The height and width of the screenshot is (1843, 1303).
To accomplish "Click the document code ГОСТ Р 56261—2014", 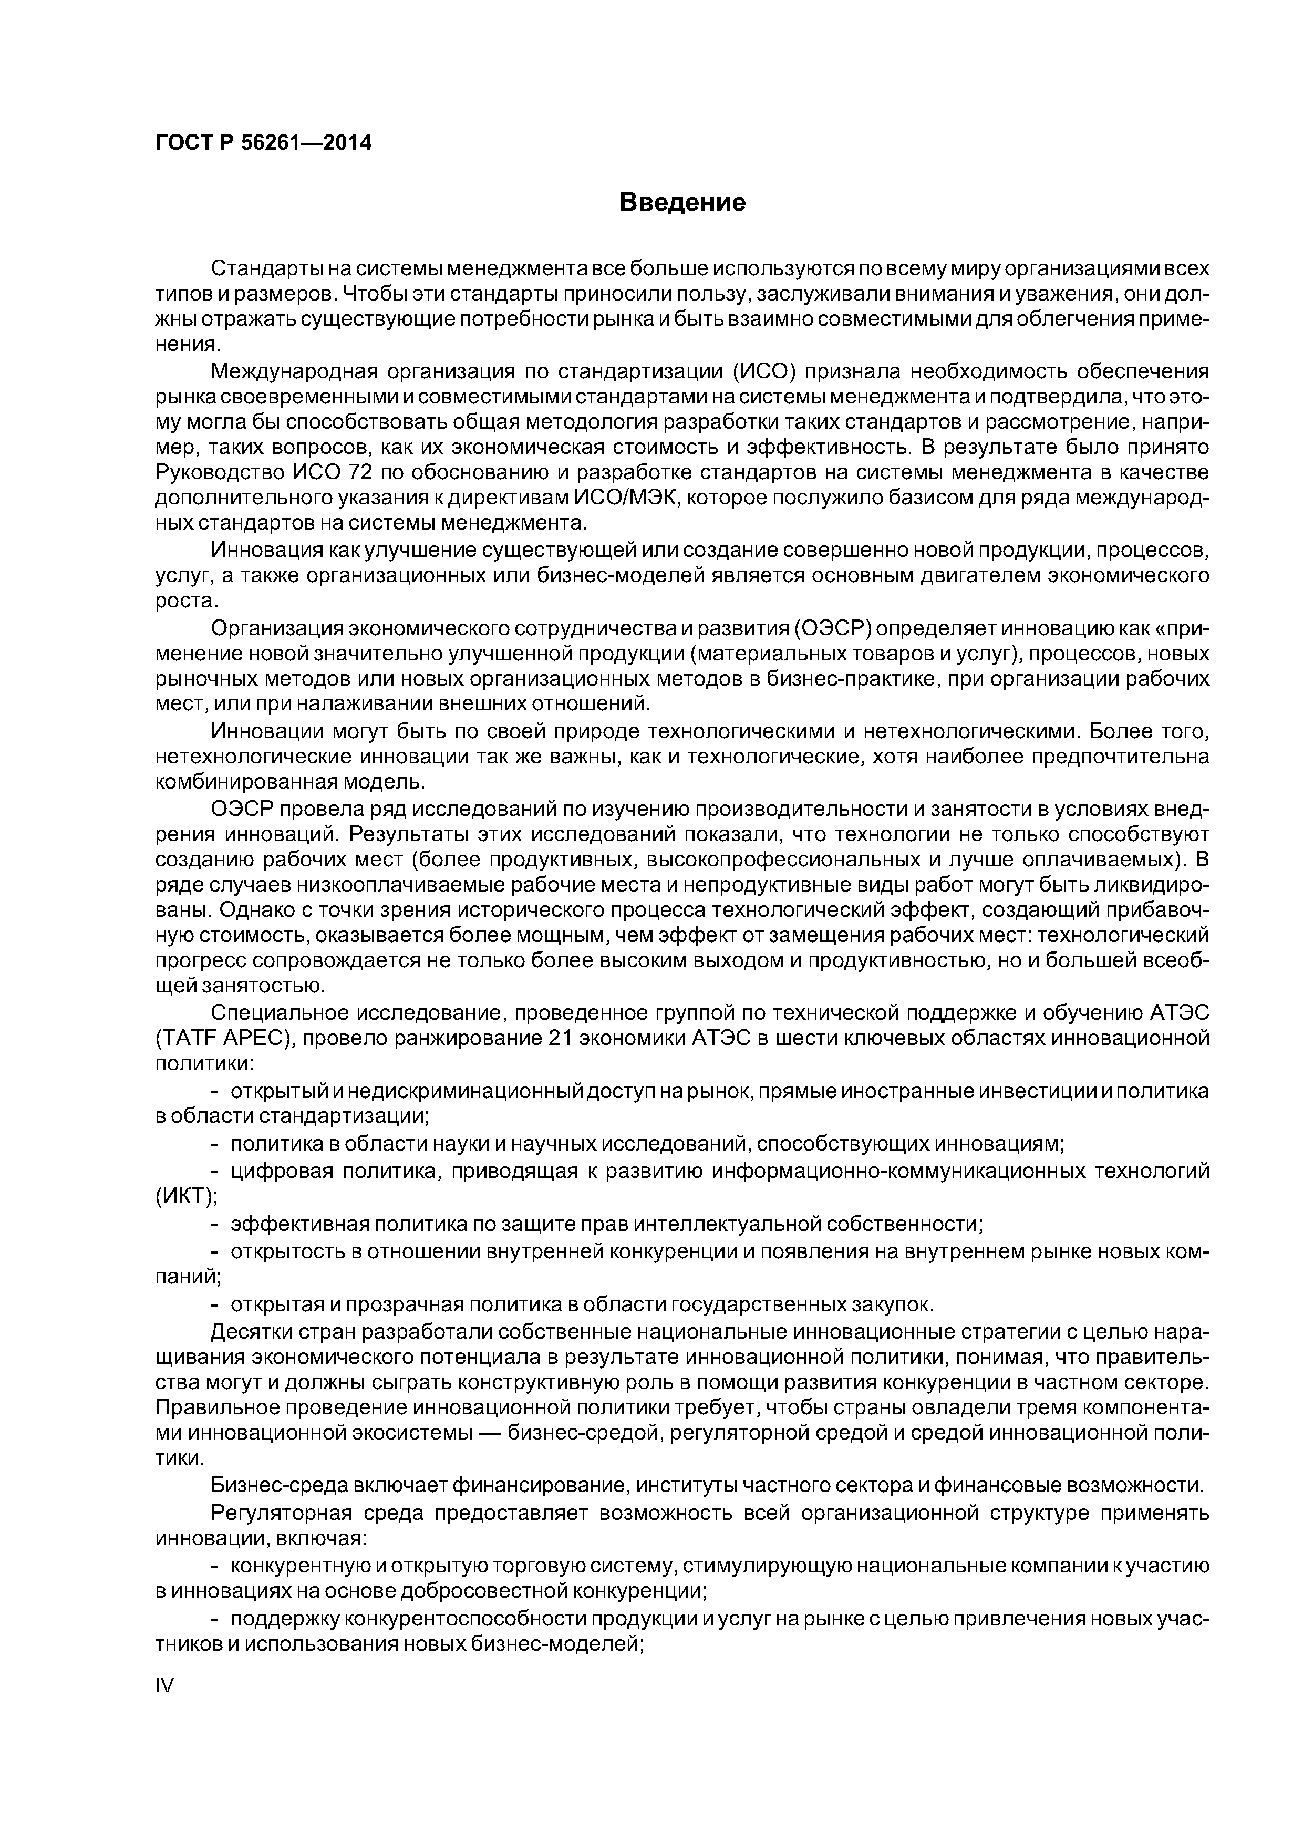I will coord(263,143).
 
